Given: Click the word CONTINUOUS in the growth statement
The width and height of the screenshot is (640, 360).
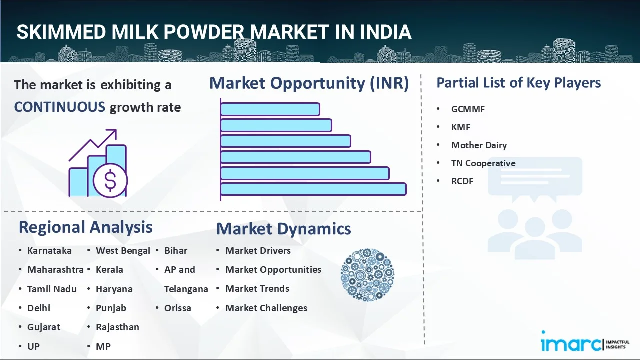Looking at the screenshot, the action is click(59, 107).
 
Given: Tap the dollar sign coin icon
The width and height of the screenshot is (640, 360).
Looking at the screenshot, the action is click(110, 180).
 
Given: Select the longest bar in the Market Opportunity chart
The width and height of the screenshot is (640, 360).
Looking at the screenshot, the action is click(313, 189).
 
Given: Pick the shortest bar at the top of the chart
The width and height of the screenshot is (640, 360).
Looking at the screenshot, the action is click(270, 109).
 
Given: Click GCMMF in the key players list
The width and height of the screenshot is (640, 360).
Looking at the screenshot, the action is click(468, 109).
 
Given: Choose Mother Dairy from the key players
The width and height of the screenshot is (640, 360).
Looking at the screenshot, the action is click(479, 145).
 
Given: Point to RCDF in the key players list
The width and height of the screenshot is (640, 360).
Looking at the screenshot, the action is click(462, 181).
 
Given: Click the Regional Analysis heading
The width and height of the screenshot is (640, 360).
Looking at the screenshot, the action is click(85, 227).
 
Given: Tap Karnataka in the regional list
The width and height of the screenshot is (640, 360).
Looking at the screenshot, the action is click(49, 251).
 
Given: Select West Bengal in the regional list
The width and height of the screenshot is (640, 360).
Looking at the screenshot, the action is click(123, 251).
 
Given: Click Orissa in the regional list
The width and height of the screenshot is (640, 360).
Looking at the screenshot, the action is click(177, 308).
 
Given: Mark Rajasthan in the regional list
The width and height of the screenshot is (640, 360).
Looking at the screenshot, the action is click(117, 327).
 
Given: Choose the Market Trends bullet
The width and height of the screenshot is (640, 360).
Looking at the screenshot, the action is click(257, 289).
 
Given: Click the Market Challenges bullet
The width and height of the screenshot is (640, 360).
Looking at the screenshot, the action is click(266, 308).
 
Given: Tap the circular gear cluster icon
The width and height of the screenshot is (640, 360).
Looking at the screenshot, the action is click(367, 275).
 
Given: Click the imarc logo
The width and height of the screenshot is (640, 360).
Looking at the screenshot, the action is click(585, 341).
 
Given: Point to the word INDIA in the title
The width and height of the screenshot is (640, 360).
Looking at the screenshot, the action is click(385, 32).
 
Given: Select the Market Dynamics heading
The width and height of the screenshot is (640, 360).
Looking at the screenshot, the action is click(283, 229).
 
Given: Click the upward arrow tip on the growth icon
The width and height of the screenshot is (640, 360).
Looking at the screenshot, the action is click(116, 130).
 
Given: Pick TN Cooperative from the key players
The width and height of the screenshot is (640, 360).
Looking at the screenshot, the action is click(483, 163).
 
